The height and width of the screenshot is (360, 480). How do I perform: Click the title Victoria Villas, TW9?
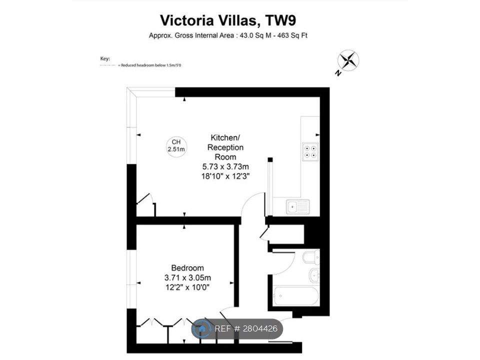point(228,20)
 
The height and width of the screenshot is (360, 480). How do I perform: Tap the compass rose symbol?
point(348,60)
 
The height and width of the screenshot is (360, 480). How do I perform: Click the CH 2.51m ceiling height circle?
point(176,146)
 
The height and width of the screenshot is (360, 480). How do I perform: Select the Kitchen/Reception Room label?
point(225,147)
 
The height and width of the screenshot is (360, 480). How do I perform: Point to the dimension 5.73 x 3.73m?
point(225,167)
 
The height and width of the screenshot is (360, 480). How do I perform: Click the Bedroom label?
point(187,268)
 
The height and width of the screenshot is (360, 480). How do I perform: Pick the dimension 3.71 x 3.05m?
point(187,278)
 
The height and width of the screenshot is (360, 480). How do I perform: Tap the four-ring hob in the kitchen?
point(310,151)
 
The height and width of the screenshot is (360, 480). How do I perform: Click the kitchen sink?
point(298,206)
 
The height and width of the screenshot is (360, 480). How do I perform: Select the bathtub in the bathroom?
point(296,296)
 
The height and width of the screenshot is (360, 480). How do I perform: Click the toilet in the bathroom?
point(311,257)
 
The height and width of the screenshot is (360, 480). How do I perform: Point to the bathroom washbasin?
point(314,275)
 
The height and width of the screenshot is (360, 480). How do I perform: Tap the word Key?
point(105,58)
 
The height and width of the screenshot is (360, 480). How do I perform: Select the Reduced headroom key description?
point(151,65)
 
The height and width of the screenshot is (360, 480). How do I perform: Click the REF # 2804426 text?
point(246,329)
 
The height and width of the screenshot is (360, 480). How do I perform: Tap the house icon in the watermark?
point(201,329)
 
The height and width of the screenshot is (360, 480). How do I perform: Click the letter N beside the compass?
point(338,73)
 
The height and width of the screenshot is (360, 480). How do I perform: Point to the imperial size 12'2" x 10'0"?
point(187,287)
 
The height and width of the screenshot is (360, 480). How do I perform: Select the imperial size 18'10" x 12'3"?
point(225,176)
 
